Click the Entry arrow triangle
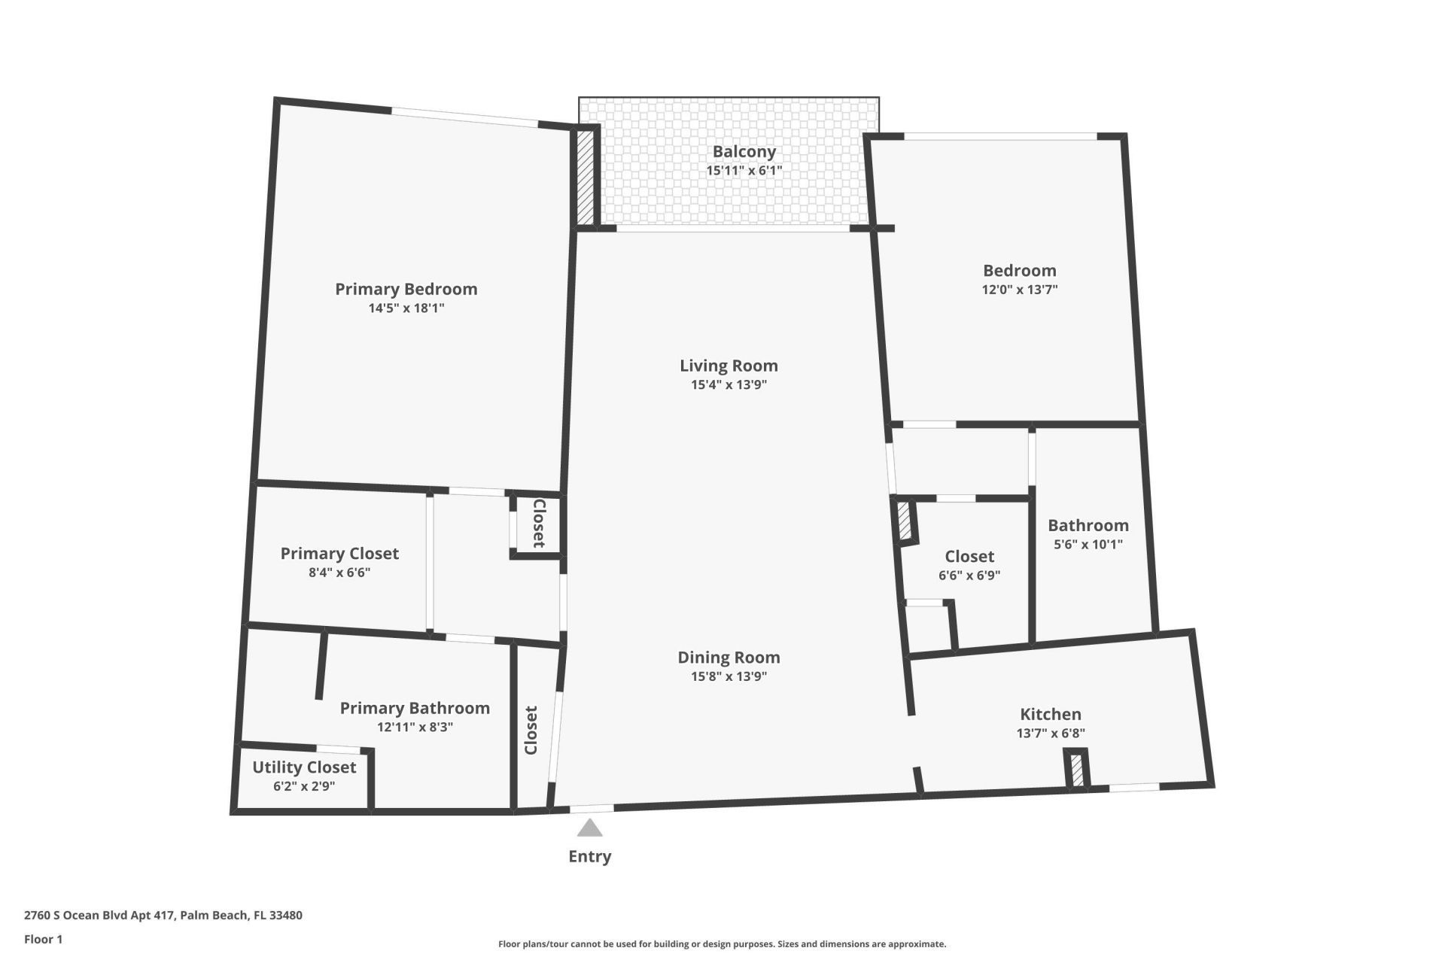point(589,828)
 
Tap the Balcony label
point(744,151)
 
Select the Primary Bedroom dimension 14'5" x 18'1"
point(406,308)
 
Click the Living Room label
point(729,366)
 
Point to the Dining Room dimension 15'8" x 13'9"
point(729,676)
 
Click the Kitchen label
point(1050,714)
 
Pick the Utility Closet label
point(304,767)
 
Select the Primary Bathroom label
point(415,708)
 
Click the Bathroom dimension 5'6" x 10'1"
point(1088,544)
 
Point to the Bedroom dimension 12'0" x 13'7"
point(1019,289)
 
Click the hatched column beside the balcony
point(585,178)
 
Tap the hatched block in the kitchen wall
point(1077,770)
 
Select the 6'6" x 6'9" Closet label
point(969,557)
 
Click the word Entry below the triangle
point(589,856)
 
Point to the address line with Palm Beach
point(163,916)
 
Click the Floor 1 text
point(43,939)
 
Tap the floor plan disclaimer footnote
point(722,944)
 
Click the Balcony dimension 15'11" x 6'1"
point(744,170)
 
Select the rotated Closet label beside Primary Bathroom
point(531,730)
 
